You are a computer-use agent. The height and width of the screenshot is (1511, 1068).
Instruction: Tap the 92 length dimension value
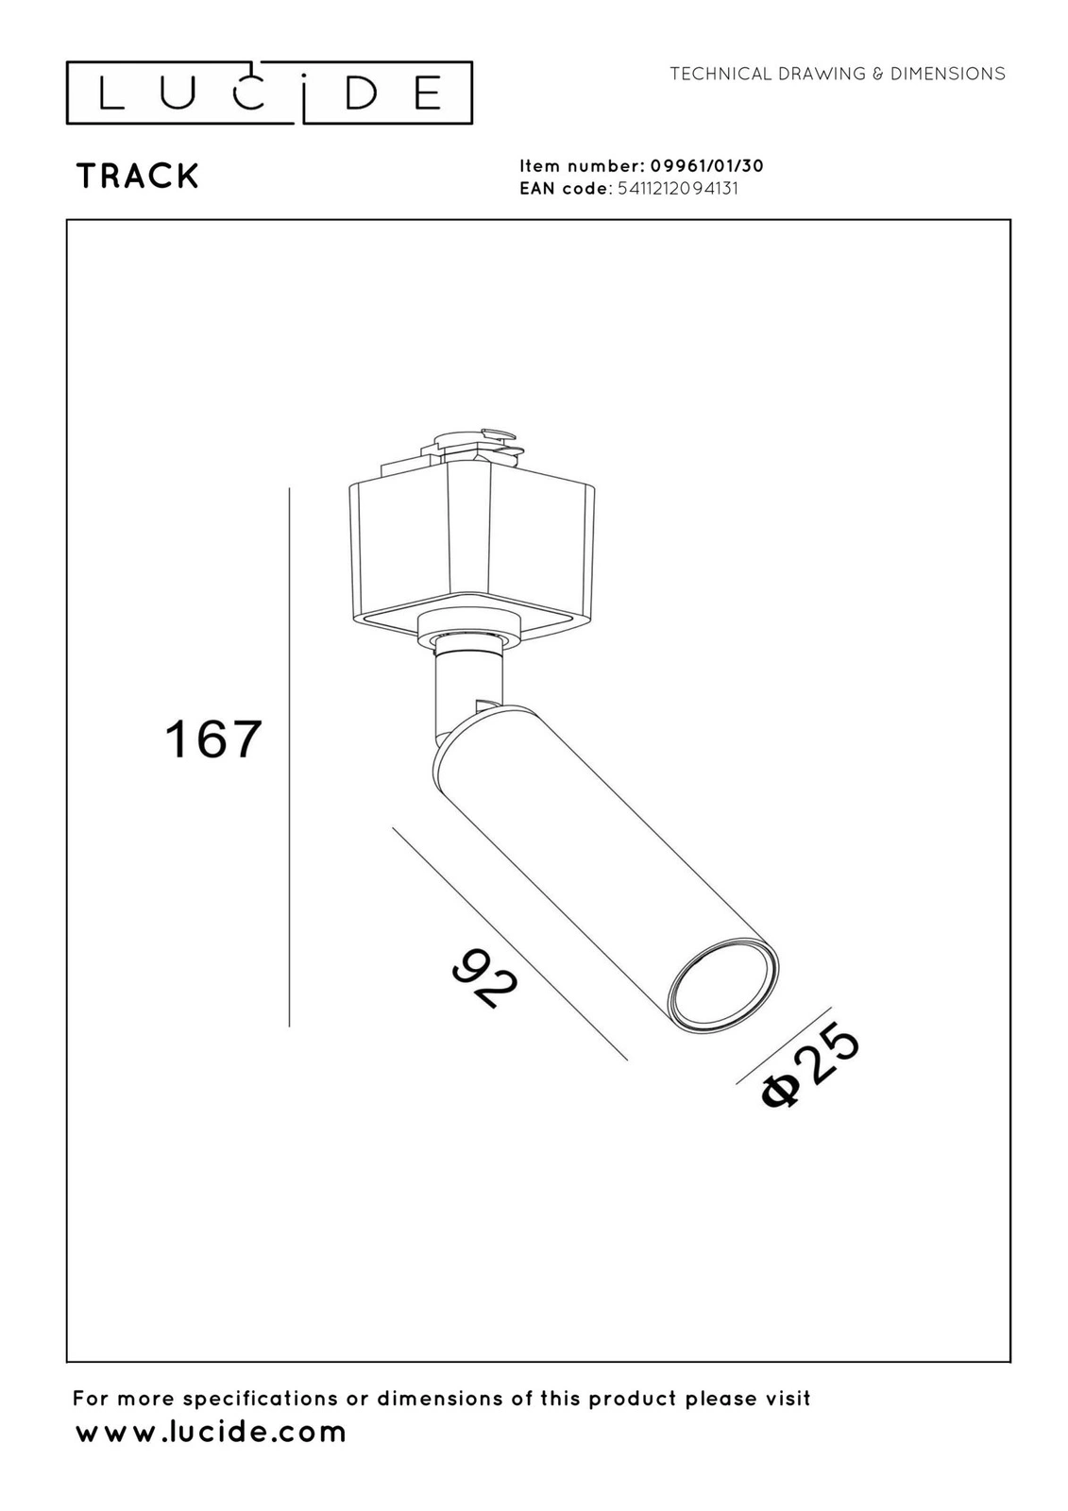pyautogui.click(x=485, y=977)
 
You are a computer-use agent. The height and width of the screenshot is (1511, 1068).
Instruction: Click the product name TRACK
pyautogui.click(x=138, y=176)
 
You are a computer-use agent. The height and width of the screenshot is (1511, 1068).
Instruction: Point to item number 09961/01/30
pyautogui.click(x=706, y=166)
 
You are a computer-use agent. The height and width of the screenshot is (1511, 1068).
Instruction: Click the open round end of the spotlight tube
pyautogui.click(x=721, y=987)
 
